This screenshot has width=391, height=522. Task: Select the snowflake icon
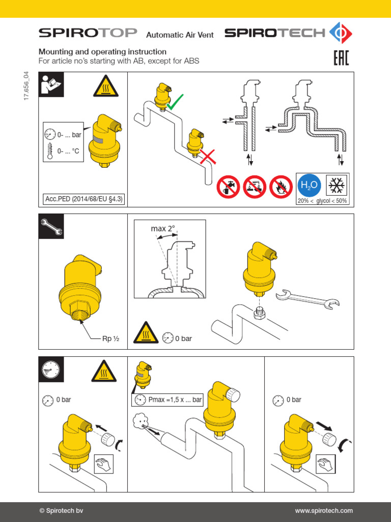point(337,185)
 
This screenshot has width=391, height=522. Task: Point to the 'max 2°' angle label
point(162,229)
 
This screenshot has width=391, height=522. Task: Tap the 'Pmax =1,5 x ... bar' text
point(169,400)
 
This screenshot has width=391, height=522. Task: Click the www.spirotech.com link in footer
point(324,511)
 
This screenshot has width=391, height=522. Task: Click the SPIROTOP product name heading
point(88,33)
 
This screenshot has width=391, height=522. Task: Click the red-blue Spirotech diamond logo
point(341,33)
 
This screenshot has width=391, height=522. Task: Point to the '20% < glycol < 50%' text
point(323,201)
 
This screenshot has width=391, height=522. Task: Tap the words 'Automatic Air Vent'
point(180,35)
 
